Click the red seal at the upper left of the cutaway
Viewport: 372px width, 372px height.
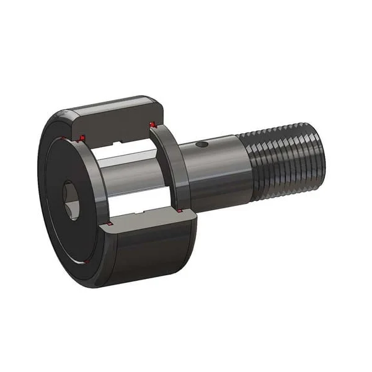pyautogui.click(x=81, y=137)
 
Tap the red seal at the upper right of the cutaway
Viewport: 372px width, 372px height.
pyautogui.click(x=153, y=126)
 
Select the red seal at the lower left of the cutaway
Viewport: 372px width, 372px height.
pyautogui.click(x=109, y=223)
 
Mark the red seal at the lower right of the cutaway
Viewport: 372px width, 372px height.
pyautogui.click(x=180, y=212)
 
